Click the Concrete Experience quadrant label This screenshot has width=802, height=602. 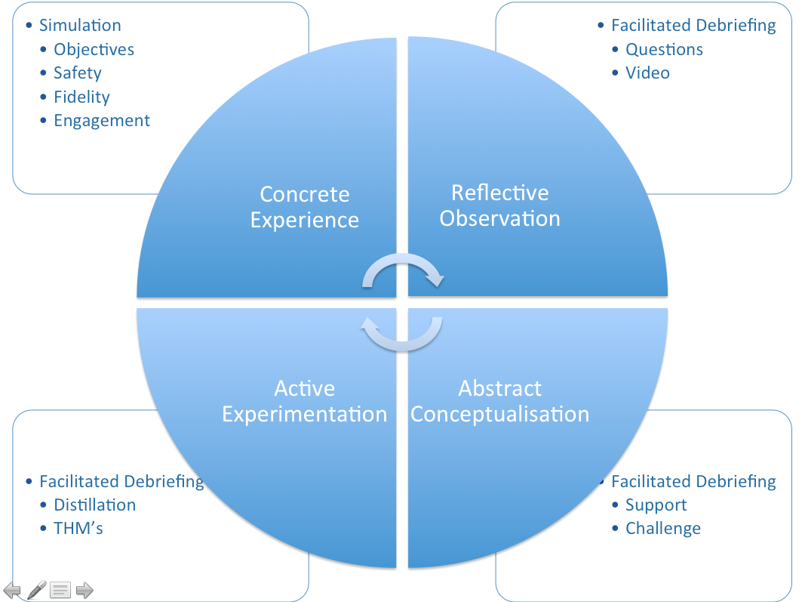pyautogui.click(x=305, y=207)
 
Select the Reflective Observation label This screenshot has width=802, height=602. pyautogui.click(x=500, y=205)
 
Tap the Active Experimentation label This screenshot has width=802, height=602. pyautogui.click(x=305, y=401)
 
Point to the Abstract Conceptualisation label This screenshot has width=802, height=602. pyautogui.click(x=500, y=401)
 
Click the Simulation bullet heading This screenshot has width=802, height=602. pyautogui.click(x=80, y=25)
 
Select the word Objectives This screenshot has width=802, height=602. pyautogui.click(x=94, y=49)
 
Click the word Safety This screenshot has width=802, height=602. pyautogui.click(x=77, y=73)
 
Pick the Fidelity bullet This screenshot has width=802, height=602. pyautogui.click(x=81, y=97)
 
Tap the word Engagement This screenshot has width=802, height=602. pyautogui.click(x=102, y=121)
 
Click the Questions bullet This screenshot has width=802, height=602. pyautogui.click(x=664, y=49)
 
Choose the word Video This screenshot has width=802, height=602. pyautogui.click(x=647, y=73)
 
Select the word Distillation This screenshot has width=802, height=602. pyautogui.click(x=94, y=505)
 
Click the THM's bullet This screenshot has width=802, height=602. pyautogui.click(x=78, y=529)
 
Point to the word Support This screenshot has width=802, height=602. pyautogui.click(x=656, y=505)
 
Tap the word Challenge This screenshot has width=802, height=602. pyautogui.click(x=662, y=529)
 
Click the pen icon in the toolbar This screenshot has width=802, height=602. pyautogui.click(x=36, y=590)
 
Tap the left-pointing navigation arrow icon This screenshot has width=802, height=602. pyautogui.click(x=12, y=590)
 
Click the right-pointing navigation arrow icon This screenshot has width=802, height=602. pyautogui.click(x=85, y=590)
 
